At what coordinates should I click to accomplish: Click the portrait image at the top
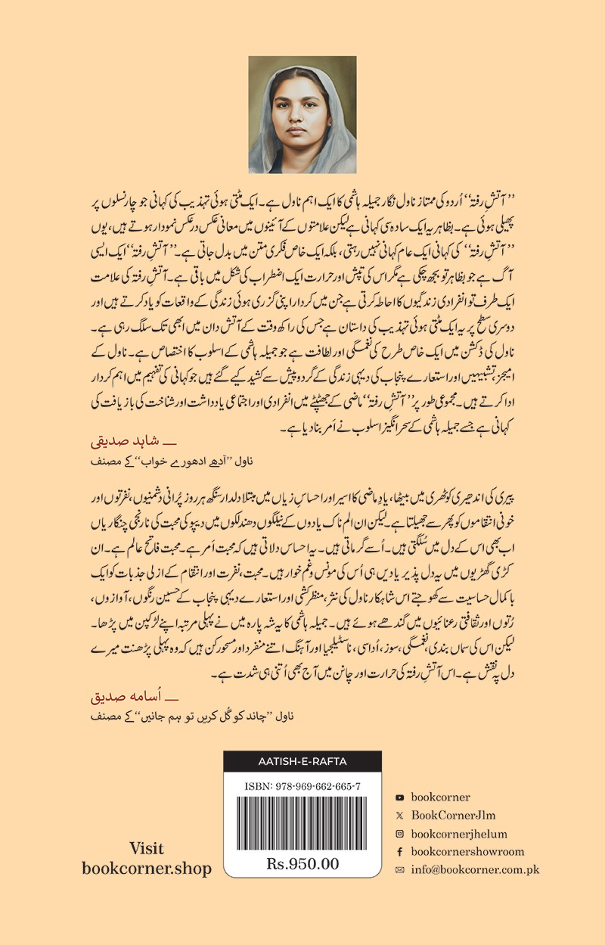[x=302, y=114]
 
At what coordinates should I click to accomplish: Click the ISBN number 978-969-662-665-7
[x=302, y=786]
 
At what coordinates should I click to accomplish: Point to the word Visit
[x=147, y=848]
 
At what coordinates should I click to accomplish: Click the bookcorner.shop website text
[x=147, y=869]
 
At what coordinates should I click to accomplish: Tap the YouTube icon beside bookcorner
[x=399, y=797]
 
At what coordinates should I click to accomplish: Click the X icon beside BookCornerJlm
[x=399, y=816]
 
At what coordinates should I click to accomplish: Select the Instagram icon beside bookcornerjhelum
[x=399, y=834]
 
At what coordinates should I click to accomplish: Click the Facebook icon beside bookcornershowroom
[x=399, y=852]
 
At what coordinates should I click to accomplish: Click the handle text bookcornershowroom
[x=467, y=852]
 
